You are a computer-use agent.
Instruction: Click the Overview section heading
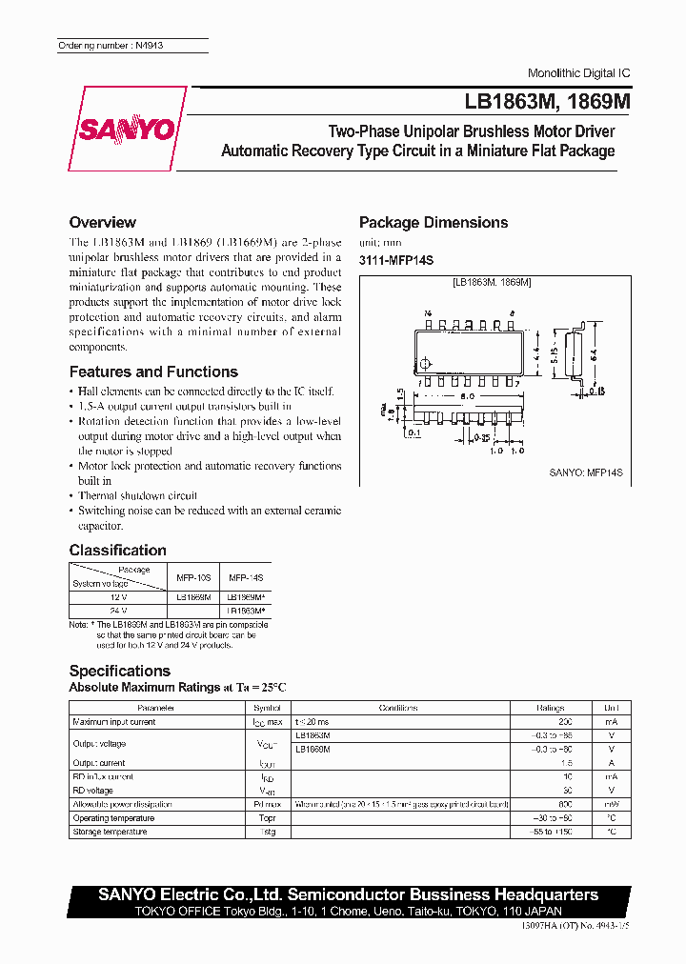point(102,223)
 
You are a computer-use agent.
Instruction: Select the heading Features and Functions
point(153,372)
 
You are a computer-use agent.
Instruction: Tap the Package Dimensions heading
point(433,223)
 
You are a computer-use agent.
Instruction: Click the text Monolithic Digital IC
point(578,73)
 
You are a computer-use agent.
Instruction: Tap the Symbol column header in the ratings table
point(267,708)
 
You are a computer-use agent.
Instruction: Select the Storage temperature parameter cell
point(110,832)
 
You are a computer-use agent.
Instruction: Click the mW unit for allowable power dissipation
point(611,804)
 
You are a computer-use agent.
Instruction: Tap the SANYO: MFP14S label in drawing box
point(585,472)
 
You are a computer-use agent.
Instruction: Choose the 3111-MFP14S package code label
point(395,260)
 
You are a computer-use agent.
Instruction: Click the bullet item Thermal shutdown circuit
point(137,495)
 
